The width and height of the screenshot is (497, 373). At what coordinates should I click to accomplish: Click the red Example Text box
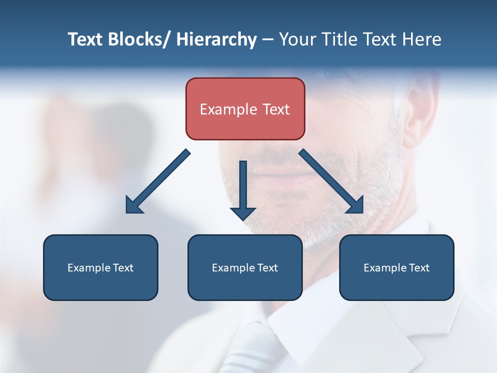[245, 109]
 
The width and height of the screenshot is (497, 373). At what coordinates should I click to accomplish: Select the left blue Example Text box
[100, 267]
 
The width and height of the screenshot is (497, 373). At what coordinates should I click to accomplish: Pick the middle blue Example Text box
[245, 267]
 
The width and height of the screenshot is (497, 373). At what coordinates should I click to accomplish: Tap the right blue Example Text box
[397, 267]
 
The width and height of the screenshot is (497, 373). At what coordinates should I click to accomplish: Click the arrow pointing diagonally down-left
[158, 182]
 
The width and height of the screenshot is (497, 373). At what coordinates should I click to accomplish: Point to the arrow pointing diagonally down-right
[331, 181]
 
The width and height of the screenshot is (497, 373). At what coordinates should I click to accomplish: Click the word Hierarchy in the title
[216, 40]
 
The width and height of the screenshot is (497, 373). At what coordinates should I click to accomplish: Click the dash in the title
[268, 40]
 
